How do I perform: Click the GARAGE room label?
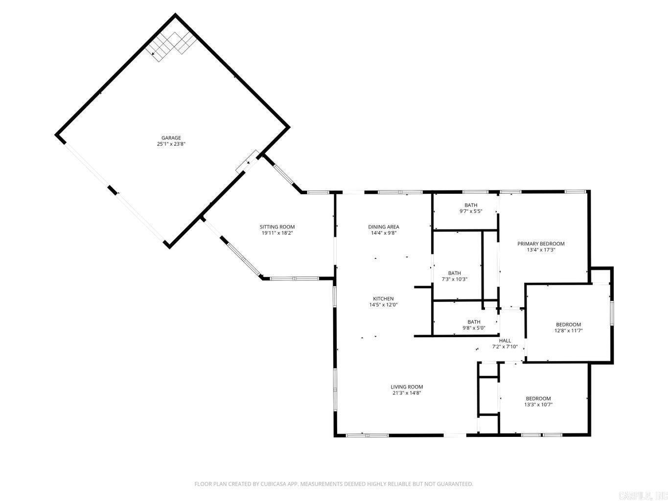click(x=171, y=138)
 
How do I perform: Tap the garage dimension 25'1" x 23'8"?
click(x=171, y=144)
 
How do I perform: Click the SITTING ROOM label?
click(x=277, y=227)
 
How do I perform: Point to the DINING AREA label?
click(x=383, y=227)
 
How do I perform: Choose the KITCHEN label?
click(x=383, y=299)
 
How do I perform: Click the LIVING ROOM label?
click(x=407, y=387)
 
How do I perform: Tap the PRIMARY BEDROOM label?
click(x=541, y=244)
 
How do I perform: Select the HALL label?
click(x=505, y=341)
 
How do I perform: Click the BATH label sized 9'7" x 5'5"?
click(x=470, y=205)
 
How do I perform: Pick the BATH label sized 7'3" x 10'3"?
click(x=454, y=273)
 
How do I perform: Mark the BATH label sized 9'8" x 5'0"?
click(x=473, y=322)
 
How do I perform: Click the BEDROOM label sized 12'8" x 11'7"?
click(x=568, y=325)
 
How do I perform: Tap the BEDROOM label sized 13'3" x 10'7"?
click(x=538, y=399)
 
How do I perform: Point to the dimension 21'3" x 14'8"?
click(x=407, y=393)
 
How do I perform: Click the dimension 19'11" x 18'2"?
click(x=277, y=233)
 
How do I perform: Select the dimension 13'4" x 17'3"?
click(x=541, y=250)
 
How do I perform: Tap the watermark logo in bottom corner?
click(x=642, y=496)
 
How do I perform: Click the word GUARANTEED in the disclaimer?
click(x=456, y=484)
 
